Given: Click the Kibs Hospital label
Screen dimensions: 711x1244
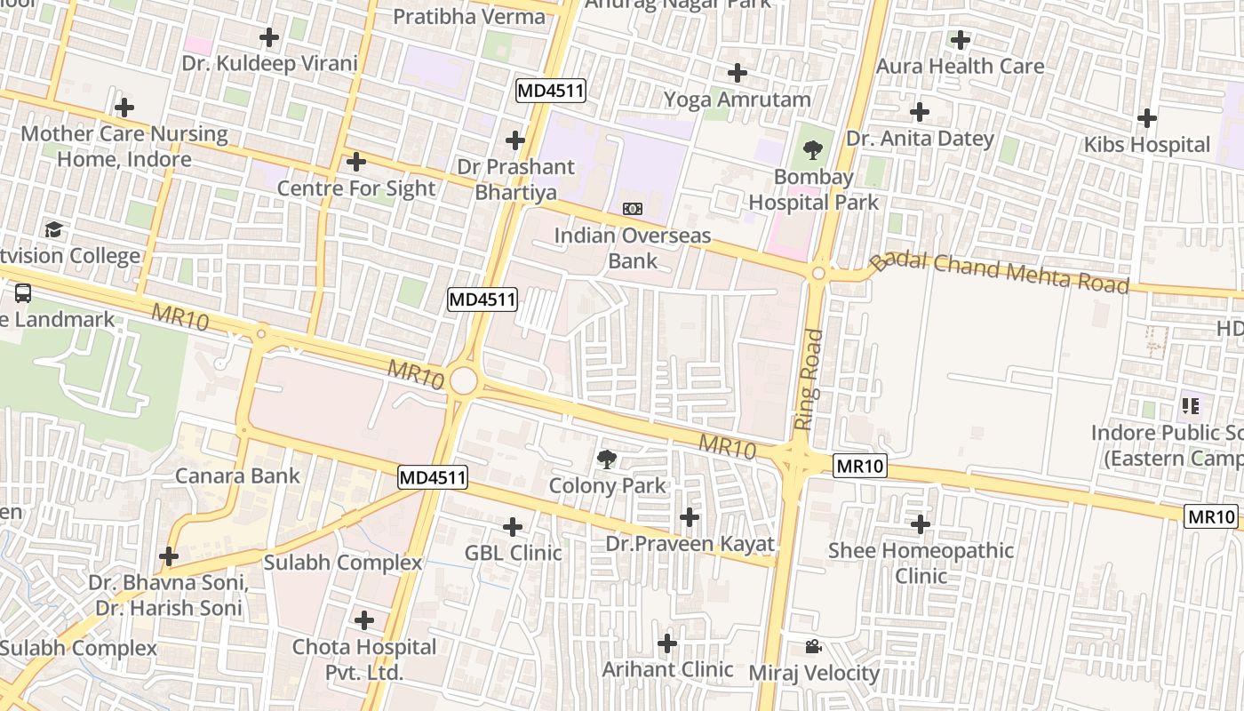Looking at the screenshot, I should (1146, 145).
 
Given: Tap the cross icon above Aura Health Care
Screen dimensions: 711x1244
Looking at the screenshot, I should (960, 40).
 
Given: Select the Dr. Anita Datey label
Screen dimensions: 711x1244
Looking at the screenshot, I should (920, 139).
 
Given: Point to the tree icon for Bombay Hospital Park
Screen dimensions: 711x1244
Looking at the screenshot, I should (812, 150).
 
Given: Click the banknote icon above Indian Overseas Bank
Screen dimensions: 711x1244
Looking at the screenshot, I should (633, 209).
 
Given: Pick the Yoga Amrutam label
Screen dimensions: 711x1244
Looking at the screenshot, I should (738, 100).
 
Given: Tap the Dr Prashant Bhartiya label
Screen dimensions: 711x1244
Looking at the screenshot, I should (515, 180).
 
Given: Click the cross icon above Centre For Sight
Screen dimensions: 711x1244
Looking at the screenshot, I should (356, 162).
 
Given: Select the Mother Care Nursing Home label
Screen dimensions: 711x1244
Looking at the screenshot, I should (124, 147).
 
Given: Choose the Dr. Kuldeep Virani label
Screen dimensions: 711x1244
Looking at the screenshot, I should (269, 64).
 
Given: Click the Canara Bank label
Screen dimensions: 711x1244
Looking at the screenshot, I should (237, 475).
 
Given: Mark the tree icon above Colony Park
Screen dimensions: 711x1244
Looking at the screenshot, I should (607, 459).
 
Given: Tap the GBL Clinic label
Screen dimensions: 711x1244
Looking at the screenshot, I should (513, 553).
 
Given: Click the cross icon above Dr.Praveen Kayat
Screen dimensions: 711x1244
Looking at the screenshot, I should (689, 517).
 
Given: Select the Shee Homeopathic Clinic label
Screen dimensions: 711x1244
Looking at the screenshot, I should (921, 563).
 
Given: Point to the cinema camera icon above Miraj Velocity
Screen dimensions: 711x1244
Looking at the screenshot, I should (813, 646).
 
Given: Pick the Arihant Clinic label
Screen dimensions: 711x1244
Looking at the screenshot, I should (667, 669).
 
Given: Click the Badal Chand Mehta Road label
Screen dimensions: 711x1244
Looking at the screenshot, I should (999, 272).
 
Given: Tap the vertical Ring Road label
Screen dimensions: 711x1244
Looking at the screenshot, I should (809, 379).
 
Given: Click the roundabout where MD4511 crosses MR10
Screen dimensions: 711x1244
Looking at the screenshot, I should (463, 381).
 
